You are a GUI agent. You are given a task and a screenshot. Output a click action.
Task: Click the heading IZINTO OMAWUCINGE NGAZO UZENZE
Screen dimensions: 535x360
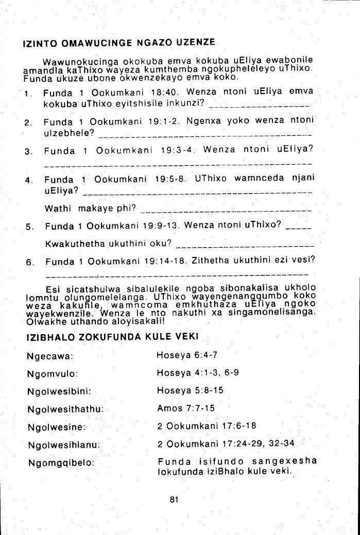pyautogui.click(x=119, y=42)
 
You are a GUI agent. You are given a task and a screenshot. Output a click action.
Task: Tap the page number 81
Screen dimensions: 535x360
pyautogui.click(x=174, y=498)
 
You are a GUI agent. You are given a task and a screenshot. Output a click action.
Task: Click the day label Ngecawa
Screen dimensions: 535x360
pyautogui.click(x=49, y=356)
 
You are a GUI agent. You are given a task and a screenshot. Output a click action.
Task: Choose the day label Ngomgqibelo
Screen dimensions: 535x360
pyautogui.click(x=60, y=462)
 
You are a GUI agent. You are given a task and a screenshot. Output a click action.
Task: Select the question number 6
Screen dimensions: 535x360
pyautogui.click(x=29, y=262)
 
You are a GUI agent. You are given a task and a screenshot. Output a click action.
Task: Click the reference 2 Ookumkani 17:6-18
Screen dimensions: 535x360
pyautogui.click(x=207, y=426)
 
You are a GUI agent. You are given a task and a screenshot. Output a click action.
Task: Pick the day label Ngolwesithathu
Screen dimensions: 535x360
pyautogui.click(x=65, y=409)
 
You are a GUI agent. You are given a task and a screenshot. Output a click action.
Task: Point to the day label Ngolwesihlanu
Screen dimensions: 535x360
pyautogui.click(x=63, y=444)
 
